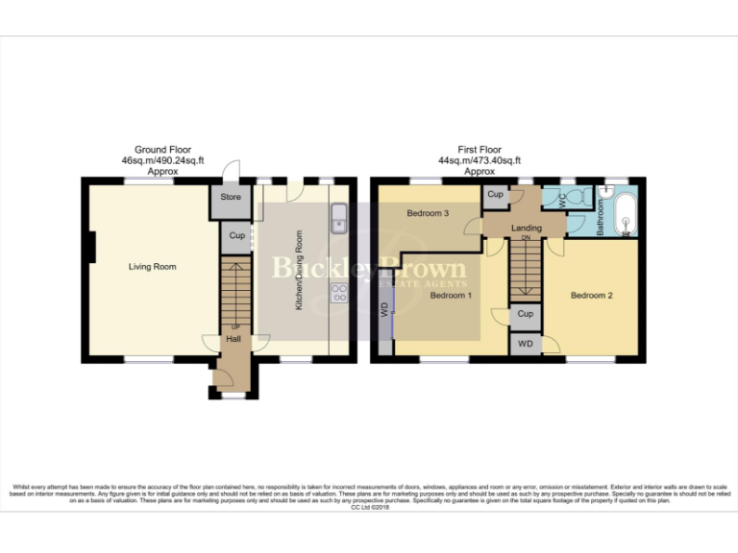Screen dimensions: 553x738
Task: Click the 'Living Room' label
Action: pyautogui.click(x=152, y=267)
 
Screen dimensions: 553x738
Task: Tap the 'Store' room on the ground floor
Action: pyautogui.click(x=231, y=198)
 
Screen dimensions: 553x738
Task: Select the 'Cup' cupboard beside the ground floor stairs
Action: pyautogui.click(x=236, y=235)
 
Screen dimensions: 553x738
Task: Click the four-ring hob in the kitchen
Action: pyautogui.click(x=338, y=292)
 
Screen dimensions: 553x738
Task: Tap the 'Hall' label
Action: pyautogui.click(x=234, y=339)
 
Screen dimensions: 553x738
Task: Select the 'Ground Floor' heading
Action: pyautogui.click(x=162, y=150)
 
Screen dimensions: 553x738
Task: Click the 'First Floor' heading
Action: pyautogui.click(x=479, y=150)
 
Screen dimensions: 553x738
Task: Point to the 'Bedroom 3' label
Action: pyautogui.click(x=428, y=213)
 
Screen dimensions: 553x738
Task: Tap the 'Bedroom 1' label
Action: pyautogui.click(x=451, y=296)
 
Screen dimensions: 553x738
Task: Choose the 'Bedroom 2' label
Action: pyautogui.click(x=592, y=296)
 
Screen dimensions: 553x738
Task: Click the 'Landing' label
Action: pyautogui.click(x=527, y=228)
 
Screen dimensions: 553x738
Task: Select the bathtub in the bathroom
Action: pyautogui.click(x=625, y=215)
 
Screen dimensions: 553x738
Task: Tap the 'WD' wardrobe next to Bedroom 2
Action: pyautogui.click(x=525, y=344)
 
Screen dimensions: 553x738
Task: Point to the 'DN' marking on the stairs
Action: pyautogui.click(x=526, y=238)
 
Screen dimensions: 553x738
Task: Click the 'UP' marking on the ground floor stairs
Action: pyautogui.click(x=235, y=326)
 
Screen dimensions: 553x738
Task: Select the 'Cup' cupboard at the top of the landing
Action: pyautogui.click(x=495, y=195)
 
